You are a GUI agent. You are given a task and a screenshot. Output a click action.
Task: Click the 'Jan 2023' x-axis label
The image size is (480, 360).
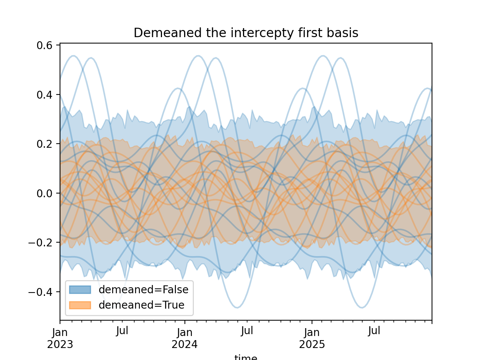tap(60, 338)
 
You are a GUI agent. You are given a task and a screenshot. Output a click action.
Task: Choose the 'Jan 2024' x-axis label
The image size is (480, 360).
tap(184, 338)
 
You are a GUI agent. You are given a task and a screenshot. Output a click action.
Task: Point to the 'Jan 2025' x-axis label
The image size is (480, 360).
tap(312, 338)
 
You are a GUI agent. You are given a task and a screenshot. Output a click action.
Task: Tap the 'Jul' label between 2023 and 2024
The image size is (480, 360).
tap(122, 331)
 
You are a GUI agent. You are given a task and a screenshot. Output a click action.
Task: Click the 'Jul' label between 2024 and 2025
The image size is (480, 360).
tap(247, 331)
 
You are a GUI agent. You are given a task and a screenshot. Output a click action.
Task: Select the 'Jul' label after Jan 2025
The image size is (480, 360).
tap(374, 331)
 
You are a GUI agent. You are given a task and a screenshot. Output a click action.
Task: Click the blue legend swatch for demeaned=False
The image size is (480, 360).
tap(80, 289)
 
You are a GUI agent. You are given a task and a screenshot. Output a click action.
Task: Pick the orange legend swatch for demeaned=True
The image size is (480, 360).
tap(80, 305)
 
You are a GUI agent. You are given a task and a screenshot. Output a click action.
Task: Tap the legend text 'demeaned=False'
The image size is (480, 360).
tap(144, 289)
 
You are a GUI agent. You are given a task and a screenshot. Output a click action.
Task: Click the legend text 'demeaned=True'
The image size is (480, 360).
tap(141, 305)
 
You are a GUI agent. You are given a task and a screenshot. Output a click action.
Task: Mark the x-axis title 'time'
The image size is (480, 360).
tap(246, 357)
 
